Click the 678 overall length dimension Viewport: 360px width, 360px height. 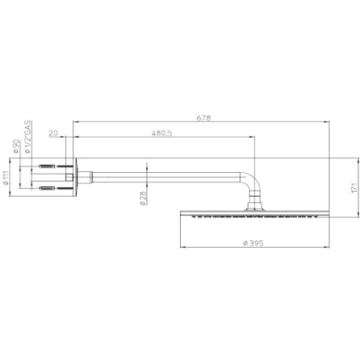[x=203, y=117]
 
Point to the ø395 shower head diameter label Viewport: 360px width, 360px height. [x=253, y=243]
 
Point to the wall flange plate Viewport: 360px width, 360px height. [x=75, y=178]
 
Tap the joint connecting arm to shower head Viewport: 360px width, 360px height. [x=254, y=208]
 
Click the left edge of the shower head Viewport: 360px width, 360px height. [x=182, y=214]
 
